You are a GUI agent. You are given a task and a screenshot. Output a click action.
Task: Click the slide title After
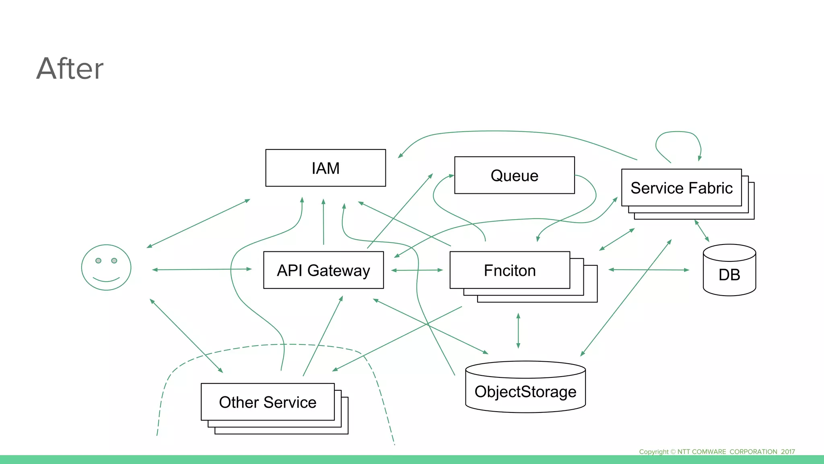pyautogui.click(x=70, y=68)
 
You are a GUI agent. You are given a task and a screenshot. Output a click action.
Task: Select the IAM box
pyautogui.click(x=325, y=168)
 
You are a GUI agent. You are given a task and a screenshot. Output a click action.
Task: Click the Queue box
pyautogui.click(x=514, y=175)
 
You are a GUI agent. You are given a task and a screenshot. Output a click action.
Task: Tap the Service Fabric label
pyautogui.click(x=681, y=188)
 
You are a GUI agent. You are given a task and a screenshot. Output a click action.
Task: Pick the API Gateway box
pyautogui.click(x=323, y=270)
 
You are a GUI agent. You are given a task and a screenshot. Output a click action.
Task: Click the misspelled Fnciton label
pyautogui.click(x=510, y=270)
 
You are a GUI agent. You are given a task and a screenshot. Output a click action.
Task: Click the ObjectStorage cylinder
pyautogui.click(x=525, y=391)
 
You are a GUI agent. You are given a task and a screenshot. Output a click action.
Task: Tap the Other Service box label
pyautogui.click(x=268, y=402)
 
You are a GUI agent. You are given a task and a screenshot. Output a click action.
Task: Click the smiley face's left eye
pyautogui.click(x=98, y=261)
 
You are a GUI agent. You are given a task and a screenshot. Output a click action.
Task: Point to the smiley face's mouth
pyautogui.click(x=106, y=279)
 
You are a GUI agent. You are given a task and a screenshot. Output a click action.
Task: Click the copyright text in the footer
pyautogui.click(x=717, y=452)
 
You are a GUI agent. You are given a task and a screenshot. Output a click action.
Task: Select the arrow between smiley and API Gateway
pyautogui.click(x=201, y=269)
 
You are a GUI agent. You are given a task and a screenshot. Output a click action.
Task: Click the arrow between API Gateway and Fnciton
pyautogui.click(x=417, y=270)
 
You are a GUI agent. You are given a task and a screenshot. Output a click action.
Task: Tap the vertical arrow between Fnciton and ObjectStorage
pyautogui.click(x=518, y=331)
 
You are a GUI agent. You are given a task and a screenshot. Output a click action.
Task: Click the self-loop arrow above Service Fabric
pyautogui.click(x=678, y=133)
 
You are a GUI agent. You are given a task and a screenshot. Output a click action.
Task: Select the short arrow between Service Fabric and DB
pyautogui.click(x=702, y=231)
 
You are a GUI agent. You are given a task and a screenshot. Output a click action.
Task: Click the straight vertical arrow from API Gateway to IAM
pyautogui.click(x=323, y=222)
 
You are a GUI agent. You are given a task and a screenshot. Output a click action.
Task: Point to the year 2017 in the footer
pyautogui.click(x=788, y=452)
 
